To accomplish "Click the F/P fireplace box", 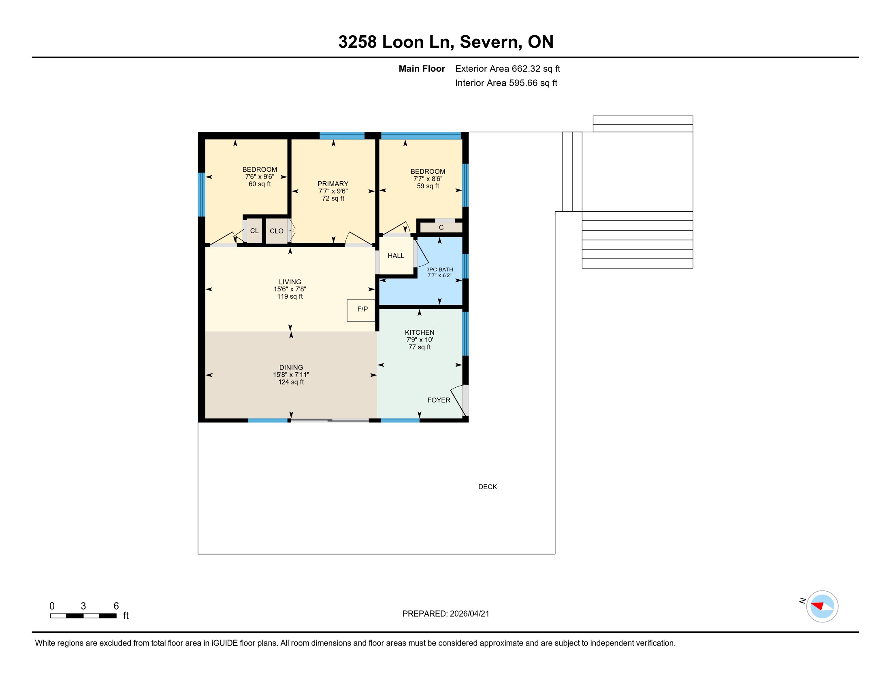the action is [361, 310].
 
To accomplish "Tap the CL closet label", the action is [254, 231].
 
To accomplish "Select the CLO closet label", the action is [277, 231].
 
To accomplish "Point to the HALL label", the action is [396, 255].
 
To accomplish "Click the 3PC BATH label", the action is [440, 270].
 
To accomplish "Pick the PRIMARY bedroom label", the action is [333, 184].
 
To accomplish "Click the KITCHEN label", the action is [420, 333].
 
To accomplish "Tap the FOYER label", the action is [439, 400].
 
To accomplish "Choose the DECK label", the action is [488, 486].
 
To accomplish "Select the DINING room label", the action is [291, 367].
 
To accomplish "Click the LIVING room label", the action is [290, 282].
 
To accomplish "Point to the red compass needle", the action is [818, 606].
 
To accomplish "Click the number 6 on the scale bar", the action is [116, 606].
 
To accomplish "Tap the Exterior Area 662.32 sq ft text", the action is [507, 68].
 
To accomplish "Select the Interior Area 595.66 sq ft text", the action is [506, 83].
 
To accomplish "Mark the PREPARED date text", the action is [446, 614].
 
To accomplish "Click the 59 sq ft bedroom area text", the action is [428, 186].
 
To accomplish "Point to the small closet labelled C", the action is [441, 227].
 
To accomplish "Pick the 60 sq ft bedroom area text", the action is [260, 184].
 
